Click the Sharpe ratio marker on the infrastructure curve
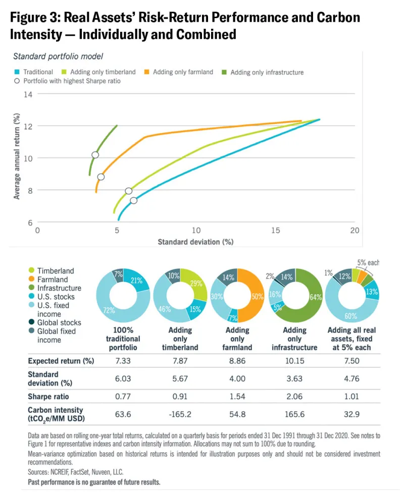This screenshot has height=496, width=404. tap(95, 155)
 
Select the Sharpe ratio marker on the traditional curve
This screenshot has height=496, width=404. tap(133, 200)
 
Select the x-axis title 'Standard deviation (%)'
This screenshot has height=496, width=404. tap(195, 242)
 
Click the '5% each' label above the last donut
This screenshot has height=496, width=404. tap(368, 263)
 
